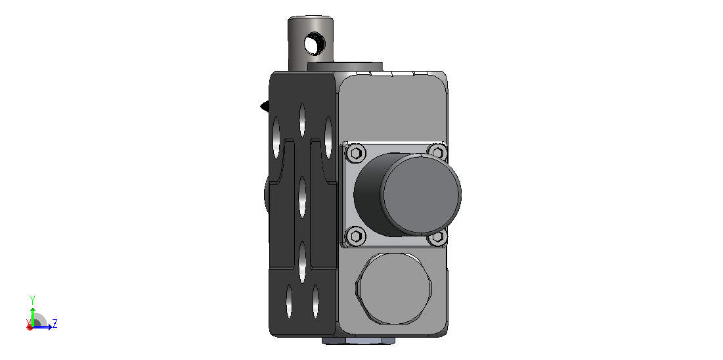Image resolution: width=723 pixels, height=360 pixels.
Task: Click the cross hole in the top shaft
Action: click(x=315, y=44)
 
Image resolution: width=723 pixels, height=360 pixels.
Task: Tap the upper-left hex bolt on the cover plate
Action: click(x=355, y=152)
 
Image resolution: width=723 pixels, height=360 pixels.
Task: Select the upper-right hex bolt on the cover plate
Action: click(x=437, y=151)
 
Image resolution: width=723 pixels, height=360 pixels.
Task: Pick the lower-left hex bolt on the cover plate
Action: click(x=355, y=236)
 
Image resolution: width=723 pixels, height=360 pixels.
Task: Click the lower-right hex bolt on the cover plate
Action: click(x=437, y=238)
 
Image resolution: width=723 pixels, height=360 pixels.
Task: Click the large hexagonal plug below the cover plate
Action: click(x=394, y=288)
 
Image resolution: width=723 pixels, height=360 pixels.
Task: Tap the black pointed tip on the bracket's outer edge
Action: click(x=265, y=106)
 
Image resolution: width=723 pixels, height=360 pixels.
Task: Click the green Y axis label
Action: click(x=32, y=300)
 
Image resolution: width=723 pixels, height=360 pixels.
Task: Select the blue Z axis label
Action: click(x=55, y=323)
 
